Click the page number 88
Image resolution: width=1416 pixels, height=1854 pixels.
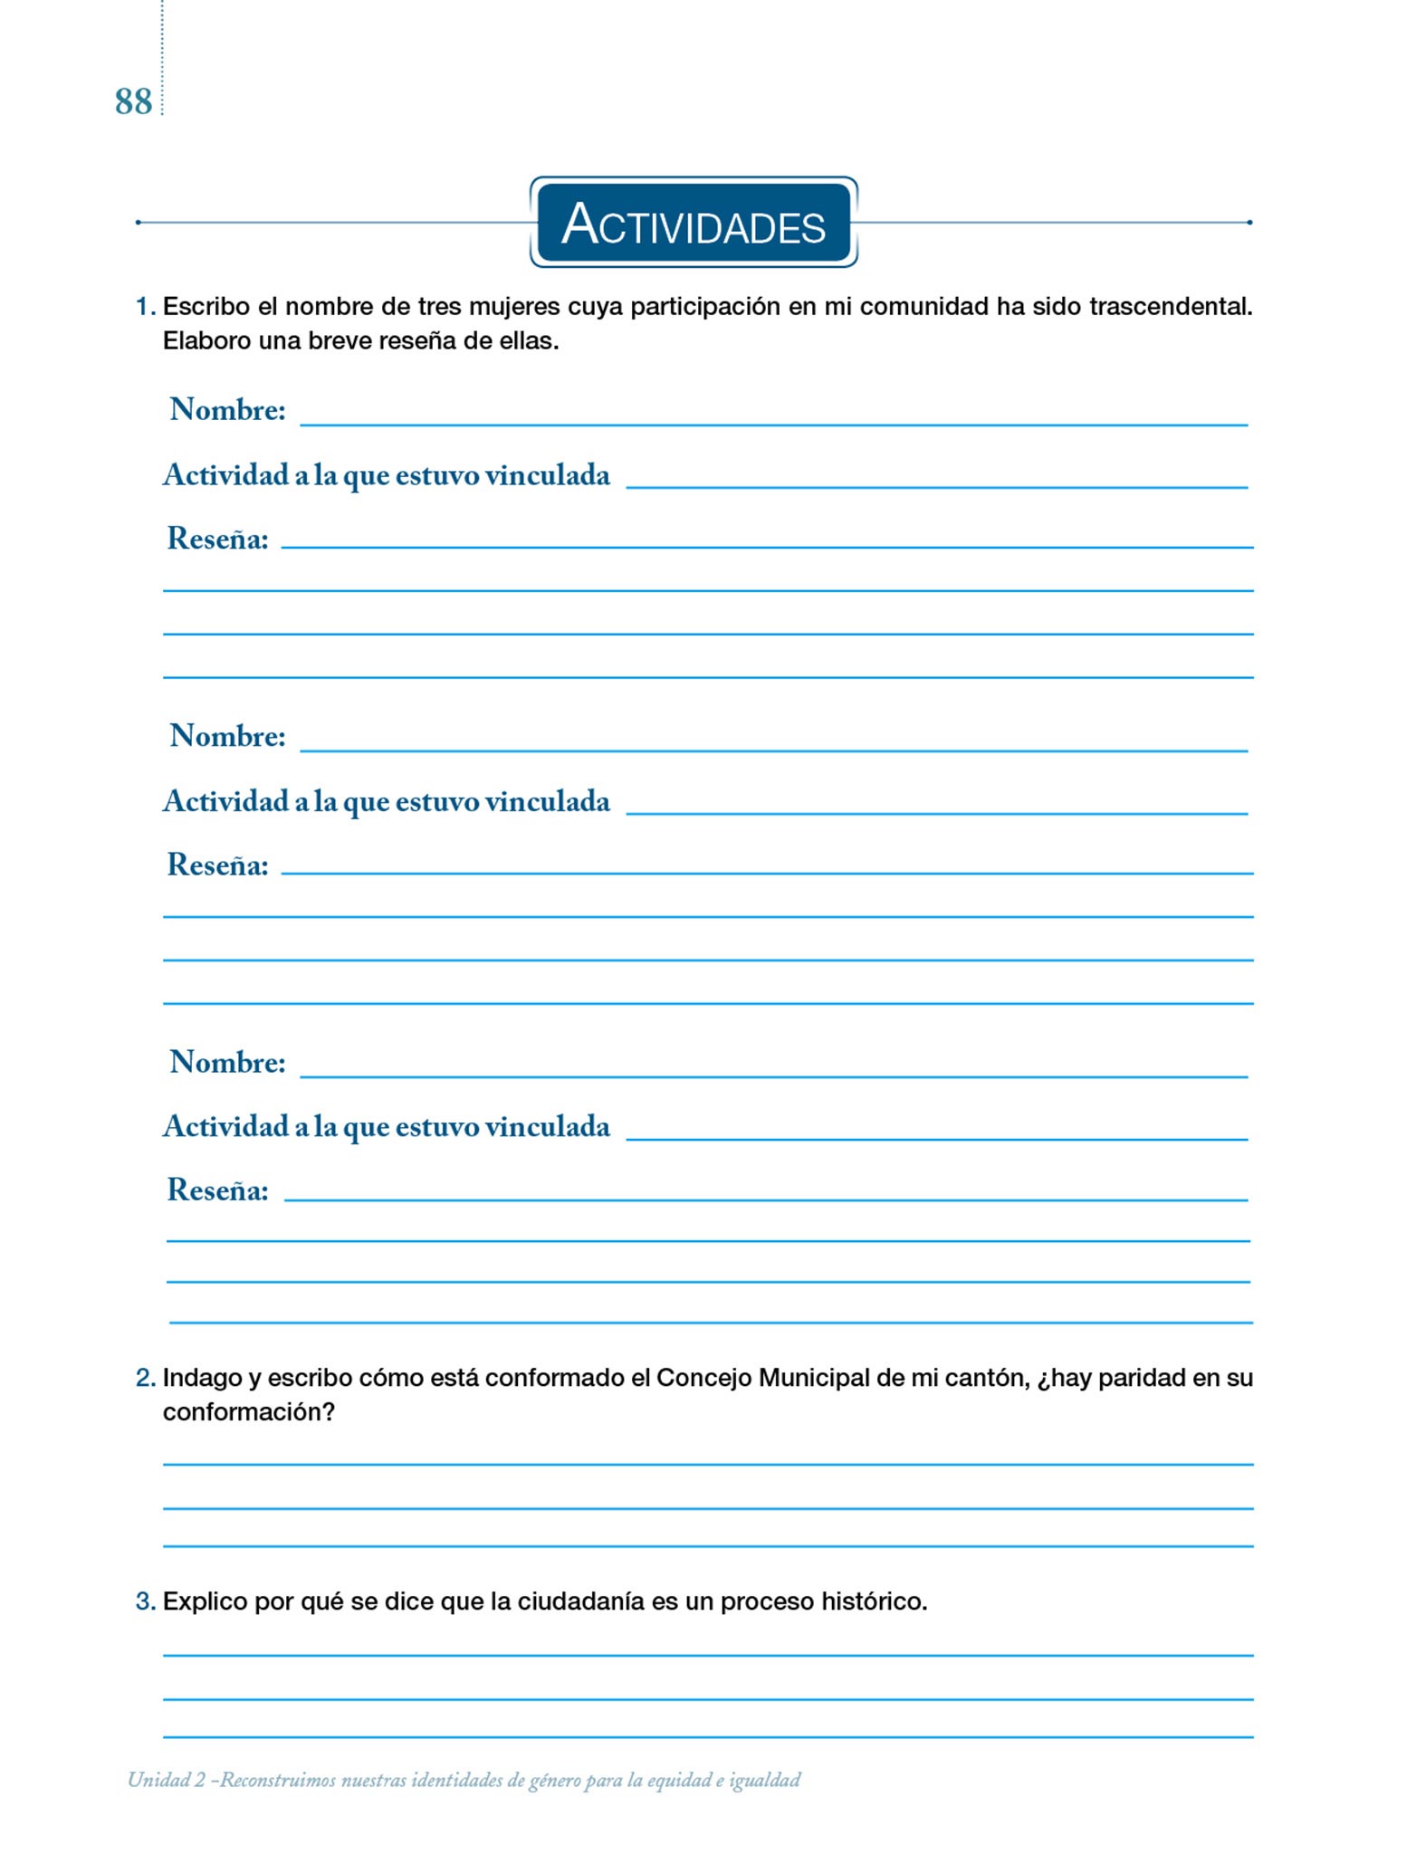click(133, 102)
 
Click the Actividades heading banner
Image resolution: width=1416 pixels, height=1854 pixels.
click(694, 223)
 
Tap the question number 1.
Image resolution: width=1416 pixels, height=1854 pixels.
click(144, 307)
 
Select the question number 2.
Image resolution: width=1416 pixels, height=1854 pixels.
click(145, 1378)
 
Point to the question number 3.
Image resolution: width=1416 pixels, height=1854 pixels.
click(145, 1601)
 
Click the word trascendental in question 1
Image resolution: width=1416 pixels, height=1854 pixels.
click(1170, 307)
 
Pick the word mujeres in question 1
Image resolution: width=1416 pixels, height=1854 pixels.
click(513, 307)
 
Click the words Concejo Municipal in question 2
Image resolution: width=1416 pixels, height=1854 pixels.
click(762, 1378)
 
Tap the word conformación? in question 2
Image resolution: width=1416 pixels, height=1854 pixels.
click(249, 1412)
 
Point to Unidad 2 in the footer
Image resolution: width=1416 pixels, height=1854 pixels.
click(167, 1781)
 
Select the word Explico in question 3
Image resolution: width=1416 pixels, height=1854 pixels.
click(205, 1601)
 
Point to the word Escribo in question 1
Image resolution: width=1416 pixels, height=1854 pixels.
click(206, 307)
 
